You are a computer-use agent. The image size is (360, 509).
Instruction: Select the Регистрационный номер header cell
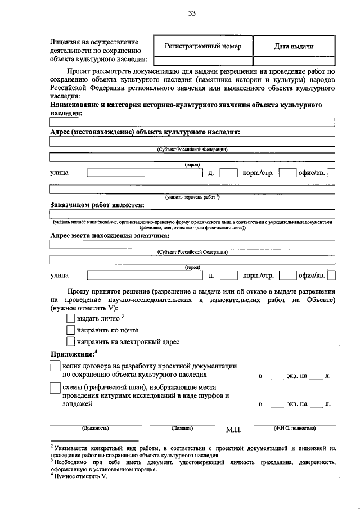tap(203, 46)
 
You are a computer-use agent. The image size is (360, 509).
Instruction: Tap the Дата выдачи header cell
tap(294, 46)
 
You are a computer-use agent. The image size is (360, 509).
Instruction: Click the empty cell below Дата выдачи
tap(294, 61)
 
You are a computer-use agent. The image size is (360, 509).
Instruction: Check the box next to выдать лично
tap(70, 319)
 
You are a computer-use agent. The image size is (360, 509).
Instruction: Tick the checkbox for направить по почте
tap(70, 330)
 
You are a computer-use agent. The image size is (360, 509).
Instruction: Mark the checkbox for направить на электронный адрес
tap(70, 341)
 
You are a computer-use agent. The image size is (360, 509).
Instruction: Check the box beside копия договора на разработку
tap(55, 366)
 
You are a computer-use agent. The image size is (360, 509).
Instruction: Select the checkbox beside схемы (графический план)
tap(55, 388)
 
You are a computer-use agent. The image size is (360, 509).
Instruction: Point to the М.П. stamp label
tap(233, 430)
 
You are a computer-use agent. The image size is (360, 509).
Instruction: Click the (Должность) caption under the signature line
tap(96, 428)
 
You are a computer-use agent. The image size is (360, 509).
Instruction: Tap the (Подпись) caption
tap(182, 428)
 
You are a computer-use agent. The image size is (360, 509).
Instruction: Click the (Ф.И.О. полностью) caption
tap(295, 428)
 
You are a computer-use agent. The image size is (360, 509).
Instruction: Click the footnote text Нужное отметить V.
tap(82, 476)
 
